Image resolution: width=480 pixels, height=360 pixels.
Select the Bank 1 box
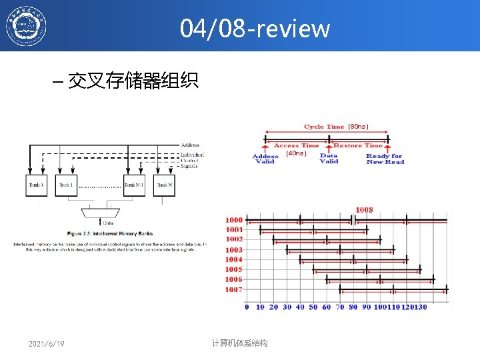coord(66,185)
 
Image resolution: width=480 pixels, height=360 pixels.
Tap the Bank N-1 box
coord(135,185)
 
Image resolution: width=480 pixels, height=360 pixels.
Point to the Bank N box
coord(164,185)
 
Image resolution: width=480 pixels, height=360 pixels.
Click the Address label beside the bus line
coord(190,145)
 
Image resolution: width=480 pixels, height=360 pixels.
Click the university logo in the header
coord(27,27)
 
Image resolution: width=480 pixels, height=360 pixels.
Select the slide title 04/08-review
coord(255,29)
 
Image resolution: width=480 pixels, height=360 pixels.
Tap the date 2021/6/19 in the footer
coord(47,343)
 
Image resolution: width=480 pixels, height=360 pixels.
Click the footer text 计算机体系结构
coord(239,343)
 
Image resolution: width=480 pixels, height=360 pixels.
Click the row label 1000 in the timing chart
coord(234,219)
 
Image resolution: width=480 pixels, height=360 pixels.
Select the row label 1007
coord(234,290)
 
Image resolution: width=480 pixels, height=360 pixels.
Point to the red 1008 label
coord(364,210)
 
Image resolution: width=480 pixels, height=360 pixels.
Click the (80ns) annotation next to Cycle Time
coord(358,126)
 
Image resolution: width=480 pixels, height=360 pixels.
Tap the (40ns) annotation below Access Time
coord(296,153)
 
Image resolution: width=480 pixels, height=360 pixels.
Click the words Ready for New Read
coord(385,159)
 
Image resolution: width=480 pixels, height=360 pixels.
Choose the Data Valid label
coord(329,159)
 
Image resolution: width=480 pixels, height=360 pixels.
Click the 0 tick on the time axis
coord(247,307)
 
